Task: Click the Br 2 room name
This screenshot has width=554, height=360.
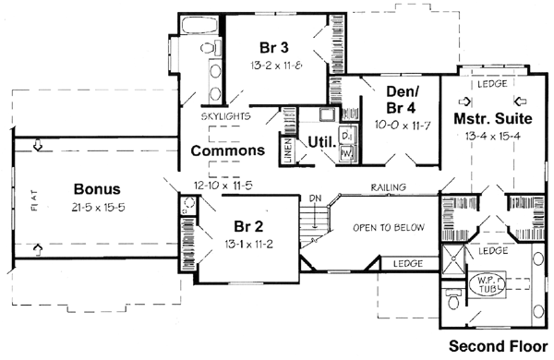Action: pos(243,227)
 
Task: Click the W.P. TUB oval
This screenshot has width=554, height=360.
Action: pos(487,285)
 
